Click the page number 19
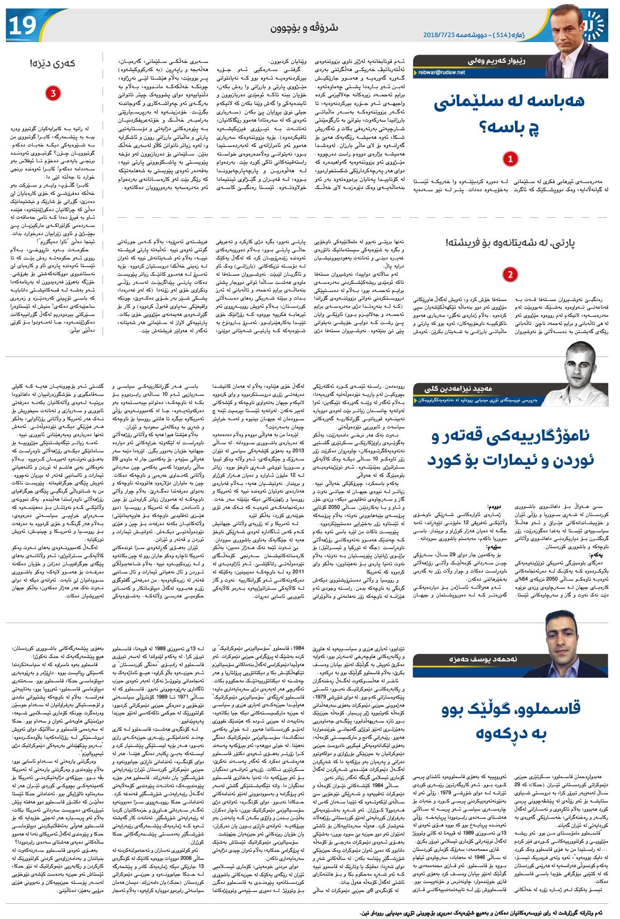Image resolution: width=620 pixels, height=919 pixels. (22, 25)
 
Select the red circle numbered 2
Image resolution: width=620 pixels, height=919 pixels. (510, 274)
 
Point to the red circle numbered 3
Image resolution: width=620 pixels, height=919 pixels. (53, 94)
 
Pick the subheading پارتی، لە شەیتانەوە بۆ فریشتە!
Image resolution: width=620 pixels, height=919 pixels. (510, 243)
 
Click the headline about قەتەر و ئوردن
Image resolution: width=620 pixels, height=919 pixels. (510, 448)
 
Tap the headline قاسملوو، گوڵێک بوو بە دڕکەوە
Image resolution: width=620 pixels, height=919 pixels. (510, 722)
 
